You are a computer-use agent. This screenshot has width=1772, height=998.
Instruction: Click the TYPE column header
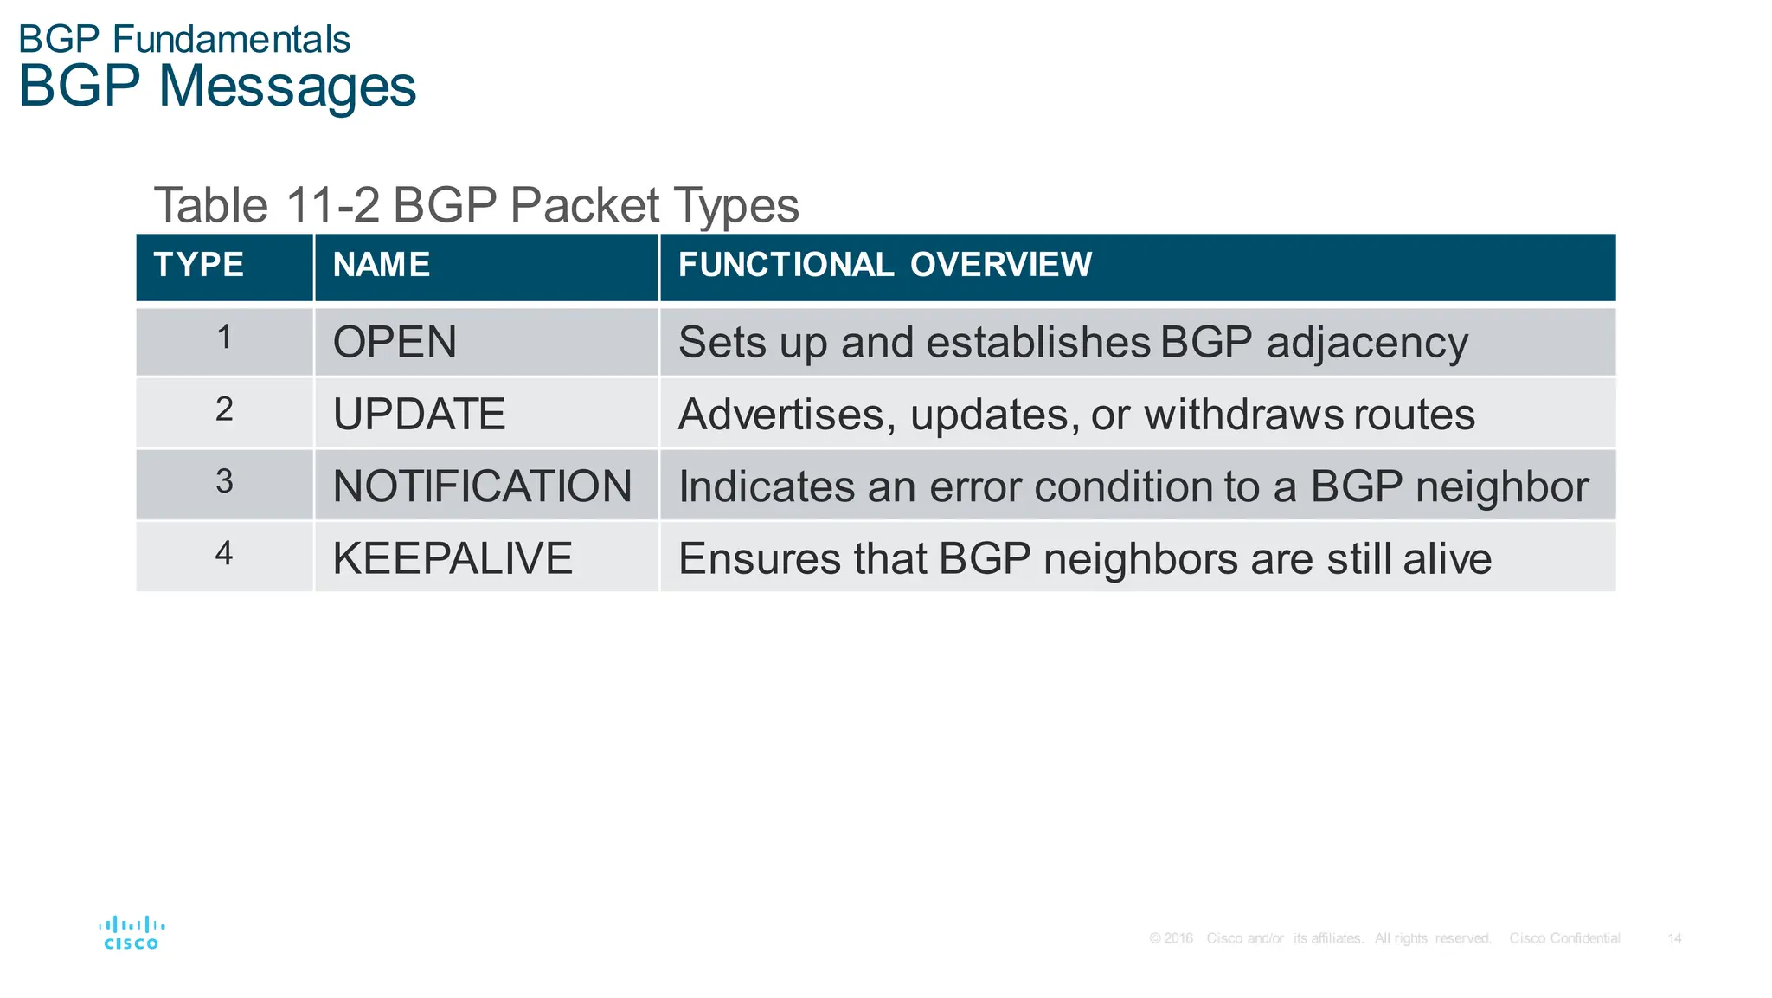click(199, 265)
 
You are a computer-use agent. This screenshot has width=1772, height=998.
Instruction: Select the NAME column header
click(382, 265)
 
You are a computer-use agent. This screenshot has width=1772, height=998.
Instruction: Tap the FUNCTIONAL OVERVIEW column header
click(884, 265)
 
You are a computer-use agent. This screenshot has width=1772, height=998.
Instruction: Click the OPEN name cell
click(395, 343)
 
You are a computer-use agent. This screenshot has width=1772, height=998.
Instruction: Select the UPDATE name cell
click(419, 415)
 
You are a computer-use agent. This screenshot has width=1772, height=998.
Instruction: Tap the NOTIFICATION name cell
click(482, 486)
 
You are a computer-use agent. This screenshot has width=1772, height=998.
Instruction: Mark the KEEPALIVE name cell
click(453, 558)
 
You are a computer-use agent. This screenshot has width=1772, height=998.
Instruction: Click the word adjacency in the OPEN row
click(1367, 344)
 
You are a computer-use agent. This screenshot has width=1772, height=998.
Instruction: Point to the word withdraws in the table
click(1243, 415)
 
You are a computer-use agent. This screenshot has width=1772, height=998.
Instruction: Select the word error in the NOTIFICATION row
click(976, 487)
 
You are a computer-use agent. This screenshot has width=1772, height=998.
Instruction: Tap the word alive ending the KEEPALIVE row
click(1448, 559)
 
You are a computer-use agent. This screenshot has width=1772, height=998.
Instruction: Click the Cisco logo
click(132, 933)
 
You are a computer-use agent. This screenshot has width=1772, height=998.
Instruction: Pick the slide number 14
click(1674, 938)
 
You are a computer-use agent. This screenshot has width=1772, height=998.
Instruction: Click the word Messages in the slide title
click(287, 87)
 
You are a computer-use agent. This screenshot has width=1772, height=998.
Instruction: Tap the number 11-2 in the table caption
click(332, 206)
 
